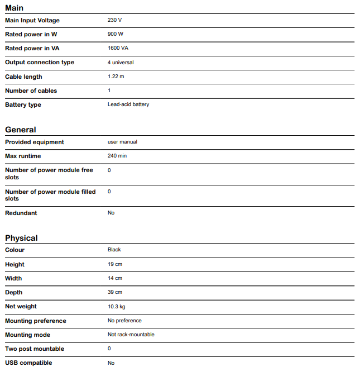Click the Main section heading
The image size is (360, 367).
click(x=15, y=8)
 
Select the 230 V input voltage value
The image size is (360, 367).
click(x=114, y=21)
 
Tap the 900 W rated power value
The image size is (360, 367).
click(x=115, y=35)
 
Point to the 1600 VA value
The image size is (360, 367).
click(x=118, y=49)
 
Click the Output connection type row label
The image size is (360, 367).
click(x=40, y=63)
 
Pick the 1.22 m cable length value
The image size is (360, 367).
click(x=117, y=77)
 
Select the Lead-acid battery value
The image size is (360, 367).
click(x=128, y=104)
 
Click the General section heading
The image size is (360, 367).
click(x=21, y=130)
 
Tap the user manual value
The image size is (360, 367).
click(x=122, y=142)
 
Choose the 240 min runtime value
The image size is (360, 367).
click(x=117, y=156)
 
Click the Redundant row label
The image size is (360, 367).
click(x=21, y=213)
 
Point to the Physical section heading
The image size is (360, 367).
click(x=21, y=238)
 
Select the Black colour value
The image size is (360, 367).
click(x=114, y=250)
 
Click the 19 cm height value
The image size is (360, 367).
click(x=115, y=264)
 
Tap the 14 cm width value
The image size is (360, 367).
click(x=115, y=278)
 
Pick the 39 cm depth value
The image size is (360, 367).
click(x=115, y=292)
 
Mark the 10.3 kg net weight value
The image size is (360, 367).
click(x=117, y=306)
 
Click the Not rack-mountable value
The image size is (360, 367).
click(x=131, y=335)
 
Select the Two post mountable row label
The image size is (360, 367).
click(x=35, y=349)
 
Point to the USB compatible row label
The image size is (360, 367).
click(x=28, y=363)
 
